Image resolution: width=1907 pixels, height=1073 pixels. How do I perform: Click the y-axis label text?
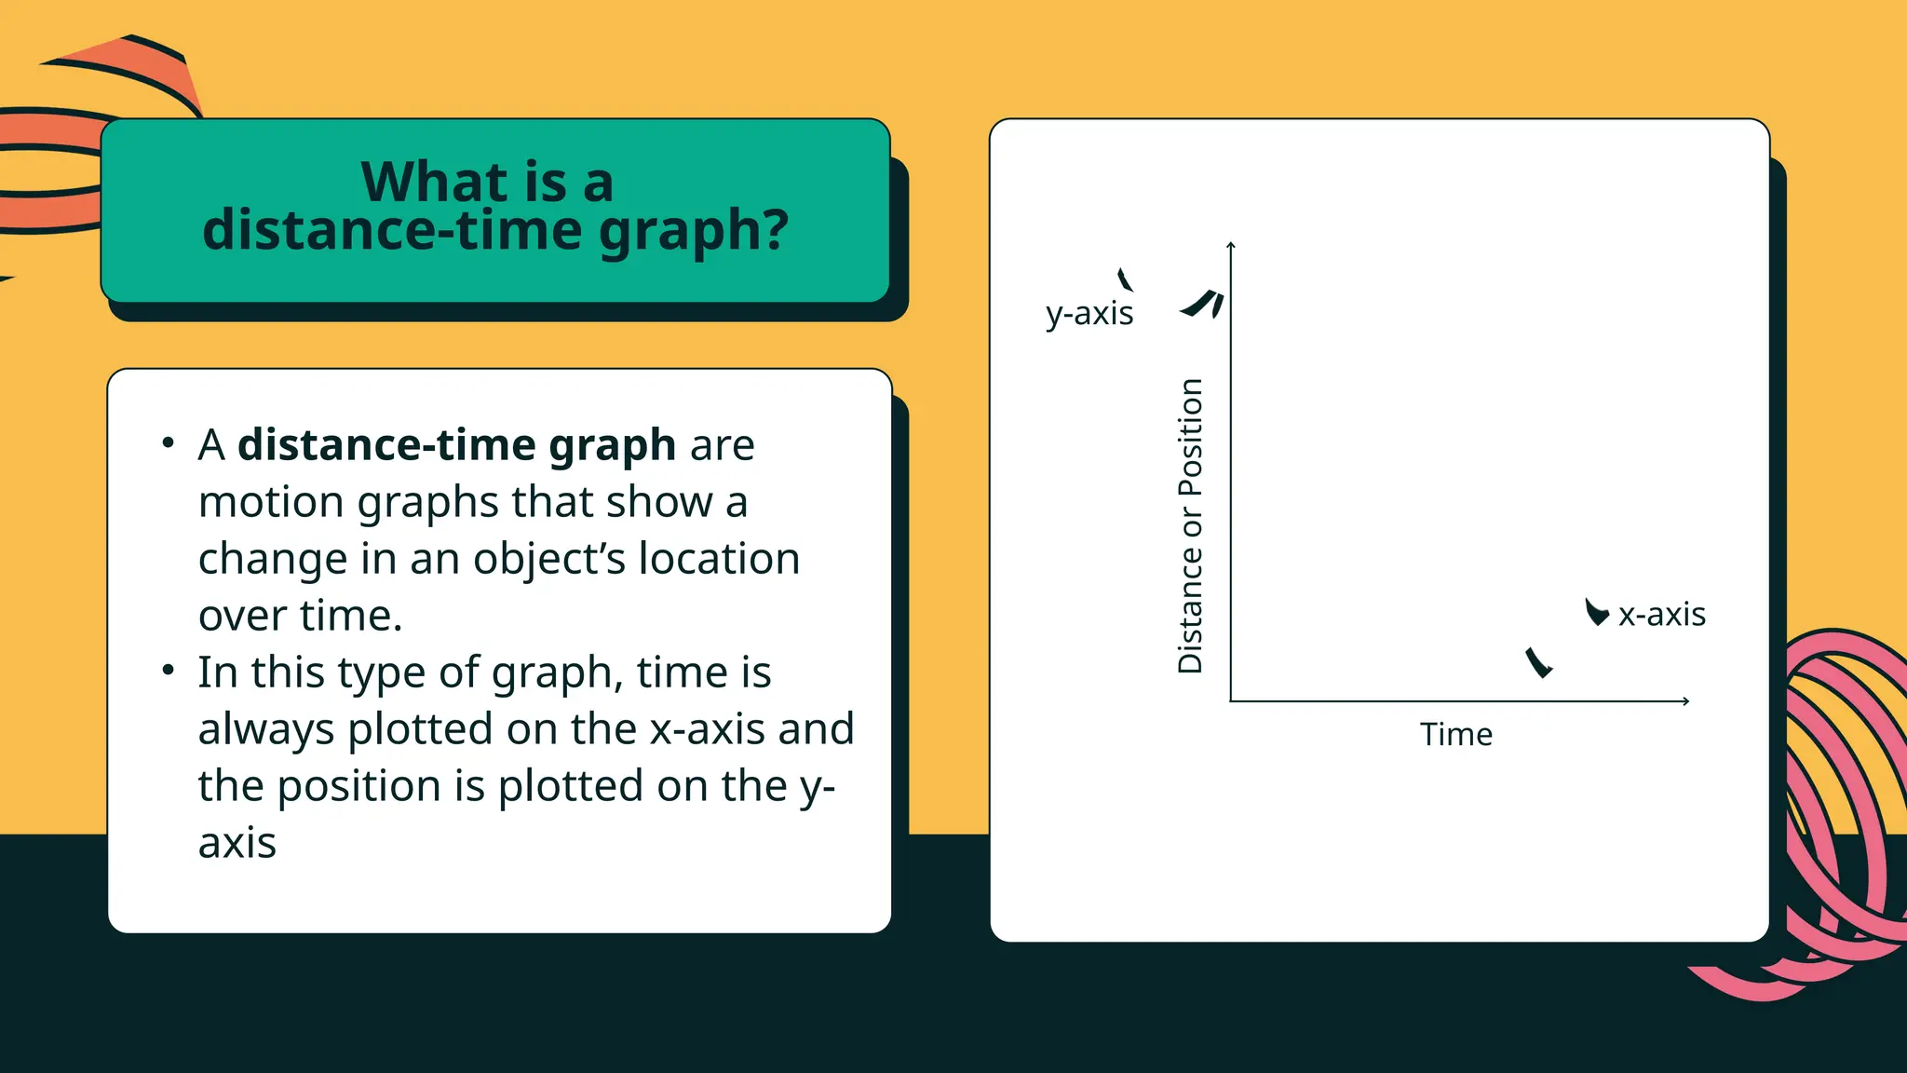coord(1089,314)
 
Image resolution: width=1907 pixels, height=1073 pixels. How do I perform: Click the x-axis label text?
coord(1662,615)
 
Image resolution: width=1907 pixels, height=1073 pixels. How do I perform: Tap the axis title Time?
coord(1455,735)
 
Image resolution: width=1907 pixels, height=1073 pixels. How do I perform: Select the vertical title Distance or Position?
coord(1190,526)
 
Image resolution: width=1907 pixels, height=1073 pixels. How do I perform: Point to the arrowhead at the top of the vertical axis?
coord(1231,245)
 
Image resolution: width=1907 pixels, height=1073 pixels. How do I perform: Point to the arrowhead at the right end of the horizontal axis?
coord(1685,700)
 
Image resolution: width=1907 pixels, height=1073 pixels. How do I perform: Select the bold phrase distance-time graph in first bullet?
coord(456,445)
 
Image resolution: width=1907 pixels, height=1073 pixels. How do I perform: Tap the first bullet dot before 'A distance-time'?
coord(168,443)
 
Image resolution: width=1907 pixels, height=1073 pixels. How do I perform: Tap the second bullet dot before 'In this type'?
coord(168,671)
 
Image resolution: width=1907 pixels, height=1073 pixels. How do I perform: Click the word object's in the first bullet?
coord(549,560)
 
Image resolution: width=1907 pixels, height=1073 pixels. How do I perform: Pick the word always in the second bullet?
coord(265,730)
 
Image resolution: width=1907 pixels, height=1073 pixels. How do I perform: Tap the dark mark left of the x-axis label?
coord(1596,612)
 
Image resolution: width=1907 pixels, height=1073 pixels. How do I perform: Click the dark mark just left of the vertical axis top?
coord(1203,304)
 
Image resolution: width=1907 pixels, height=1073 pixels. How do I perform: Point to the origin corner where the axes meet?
coord(1231,700)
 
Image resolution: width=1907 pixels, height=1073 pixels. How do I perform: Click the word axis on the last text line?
coord(237,843)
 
